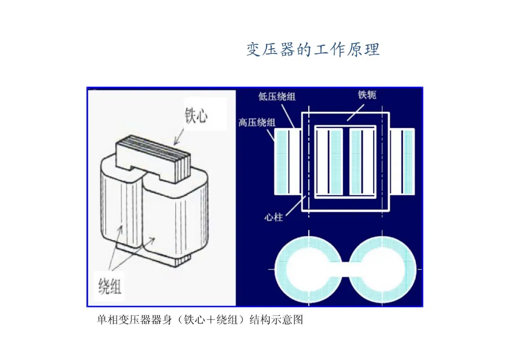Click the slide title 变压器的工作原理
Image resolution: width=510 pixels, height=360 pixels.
click(x=313, y=50)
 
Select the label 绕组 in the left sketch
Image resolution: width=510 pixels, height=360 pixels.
click(x=110, y=285)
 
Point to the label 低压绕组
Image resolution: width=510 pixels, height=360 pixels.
click(x=277, y=97)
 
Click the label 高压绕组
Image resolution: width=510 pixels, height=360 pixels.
click(x=257, y=123)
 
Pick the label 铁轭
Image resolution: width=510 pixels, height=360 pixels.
click(x=367, y=95)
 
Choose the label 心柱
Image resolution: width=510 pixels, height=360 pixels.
click(x=274, y=218)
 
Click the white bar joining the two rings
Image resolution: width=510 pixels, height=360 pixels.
click(x=346, y=269)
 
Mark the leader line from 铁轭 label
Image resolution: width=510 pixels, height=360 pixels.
click(x=357, y=110)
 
